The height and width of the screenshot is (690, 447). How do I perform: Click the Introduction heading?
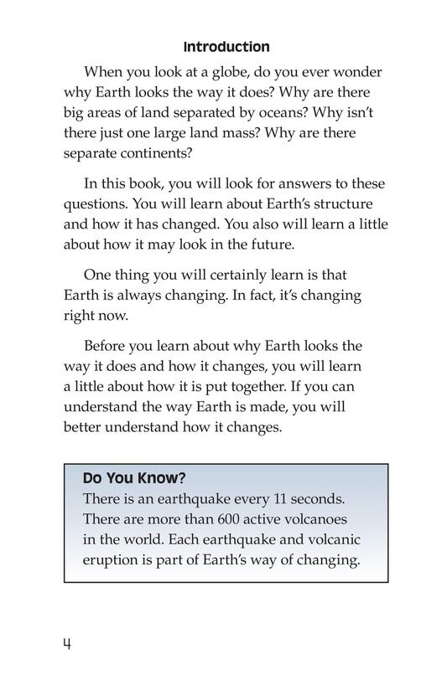click(226, 47)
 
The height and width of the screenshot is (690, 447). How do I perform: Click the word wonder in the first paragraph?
click(362, 71)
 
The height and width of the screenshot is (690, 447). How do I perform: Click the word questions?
click(95, 204)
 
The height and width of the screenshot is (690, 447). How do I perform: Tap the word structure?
click(342, 204)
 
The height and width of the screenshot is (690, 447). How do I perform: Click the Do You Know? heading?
click(134, 479)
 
